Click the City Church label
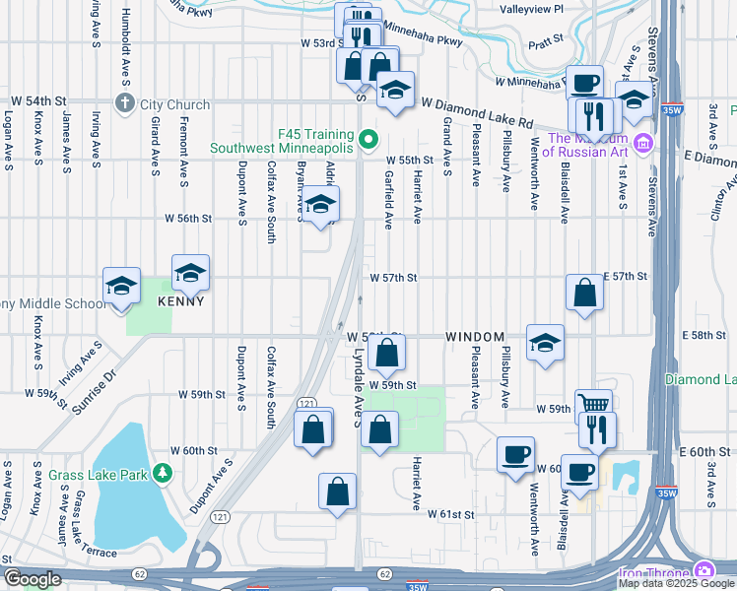pos(174,104)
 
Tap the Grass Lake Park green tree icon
pos(163,475)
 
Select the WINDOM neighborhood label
pos(475,337)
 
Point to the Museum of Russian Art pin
pos(643,144)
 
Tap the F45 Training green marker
pos(368,139)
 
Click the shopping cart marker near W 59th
pos(593,405)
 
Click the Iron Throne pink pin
pos(704,570)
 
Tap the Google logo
pos(32,579)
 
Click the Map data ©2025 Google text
pos(676,583)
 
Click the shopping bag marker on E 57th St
pos(584,292)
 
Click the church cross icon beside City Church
pos(125,103)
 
